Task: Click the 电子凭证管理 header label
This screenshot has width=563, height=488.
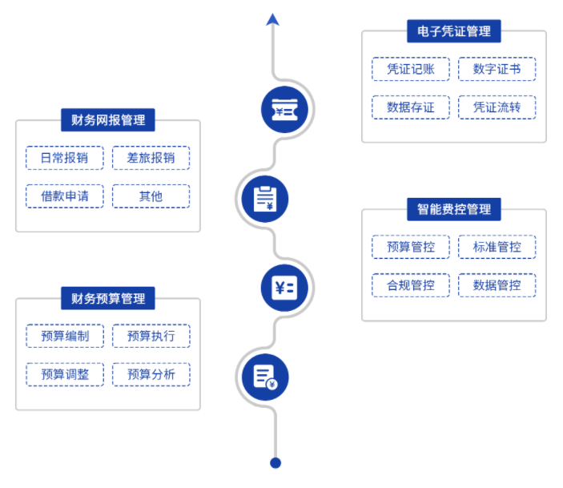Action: click(454, 32)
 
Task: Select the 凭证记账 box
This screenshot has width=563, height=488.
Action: click(411, 69)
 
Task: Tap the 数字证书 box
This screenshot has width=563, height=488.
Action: click(497, 69)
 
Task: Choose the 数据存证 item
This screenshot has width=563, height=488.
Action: click(411, 107)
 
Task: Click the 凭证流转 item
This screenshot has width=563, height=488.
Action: click(497, 107)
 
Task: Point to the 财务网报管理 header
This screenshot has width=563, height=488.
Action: click(108, 120)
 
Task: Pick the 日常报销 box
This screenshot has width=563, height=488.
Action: click(65, 158)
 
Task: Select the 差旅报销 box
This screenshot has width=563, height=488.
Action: click(151, 158)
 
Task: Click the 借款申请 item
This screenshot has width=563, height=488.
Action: click(65, 196)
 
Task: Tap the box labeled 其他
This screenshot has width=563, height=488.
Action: click(151, 196)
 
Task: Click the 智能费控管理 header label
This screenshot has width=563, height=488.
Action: click(454, 210)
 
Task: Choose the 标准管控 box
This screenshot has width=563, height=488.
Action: click(497, 247)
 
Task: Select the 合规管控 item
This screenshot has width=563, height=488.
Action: click(411, 285)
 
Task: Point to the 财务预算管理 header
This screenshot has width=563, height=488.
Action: click(108, 299)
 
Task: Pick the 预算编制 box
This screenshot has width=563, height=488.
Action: click(65, 336)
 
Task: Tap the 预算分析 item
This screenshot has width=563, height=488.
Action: click(151, 374)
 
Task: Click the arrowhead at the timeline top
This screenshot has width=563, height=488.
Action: click(273, 19)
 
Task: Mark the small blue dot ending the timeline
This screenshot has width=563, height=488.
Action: click(275, 462)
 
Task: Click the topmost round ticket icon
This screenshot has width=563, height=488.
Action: click(286, 108)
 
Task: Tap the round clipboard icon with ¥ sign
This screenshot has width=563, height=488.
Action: click(265, 197)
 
